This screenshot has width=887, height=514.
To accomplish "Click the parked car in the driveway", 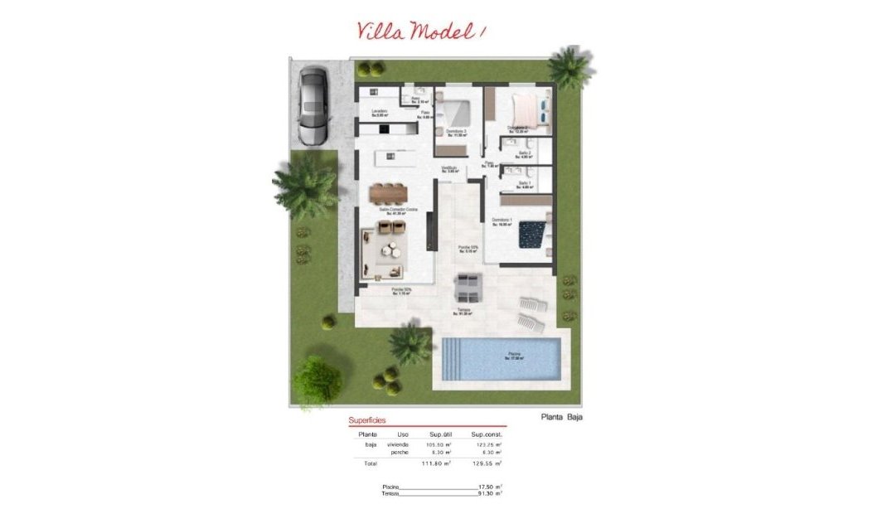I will pos(313,104).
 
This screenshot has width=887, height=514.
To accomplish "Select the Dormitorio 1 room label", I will pos(502,221).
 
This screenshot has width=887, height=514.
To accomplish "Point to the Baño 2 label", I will pos(525,153).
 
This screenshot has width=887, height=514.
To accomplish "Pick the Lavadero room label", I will pos(380,112).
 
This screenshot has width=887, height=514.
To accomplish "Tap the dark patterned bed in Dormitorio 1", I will pos(532,235).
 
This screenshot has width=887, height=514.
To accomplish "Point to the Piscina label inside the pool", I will pos(516,356).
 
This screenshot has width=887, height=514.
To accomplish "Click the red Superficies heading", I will pos(367,420).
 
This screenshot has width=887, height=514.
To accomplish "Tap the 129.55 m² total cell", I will pos(487,463).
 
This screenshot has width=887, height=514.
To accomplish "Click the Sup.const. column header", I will pos(487,434).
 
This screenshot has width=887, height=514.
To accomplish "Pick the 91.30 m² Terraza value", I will pos(491,493).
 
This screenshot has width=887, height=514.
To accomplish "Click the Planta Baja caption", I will pos(561,417).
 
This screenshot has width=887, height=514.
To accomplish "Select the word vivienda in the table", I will pos(398,444).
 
